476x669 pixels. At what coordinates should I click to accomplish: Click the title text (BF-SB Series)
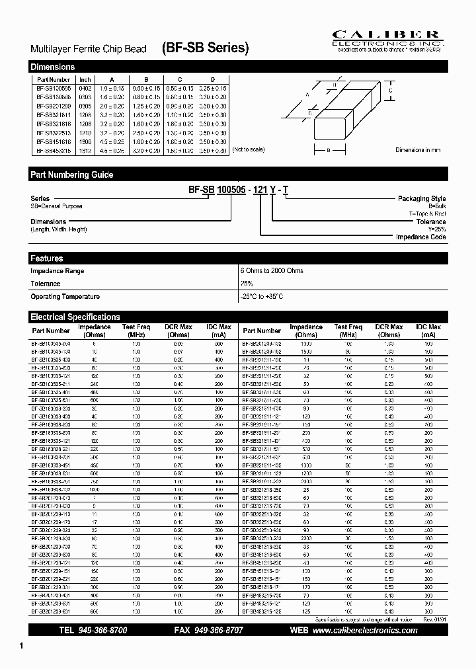(206, 48)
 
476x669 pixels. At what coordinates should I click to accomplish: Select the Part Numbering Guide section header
(71, 175)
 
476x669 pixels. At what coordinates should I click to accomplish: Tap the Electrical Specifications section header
(75, 317)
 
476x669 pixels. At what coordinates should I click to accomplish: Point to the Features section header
(46, 258)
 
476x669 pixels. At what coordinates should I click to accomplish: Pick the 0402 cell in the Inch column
(86, 88)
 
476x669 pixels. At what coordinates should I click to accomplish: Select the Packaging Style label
(421, 198)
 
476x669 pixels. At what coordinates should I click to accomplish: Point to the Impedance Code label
(420, 237)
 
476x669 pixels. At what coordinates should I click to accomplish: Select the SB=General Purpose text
(57, 206)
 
